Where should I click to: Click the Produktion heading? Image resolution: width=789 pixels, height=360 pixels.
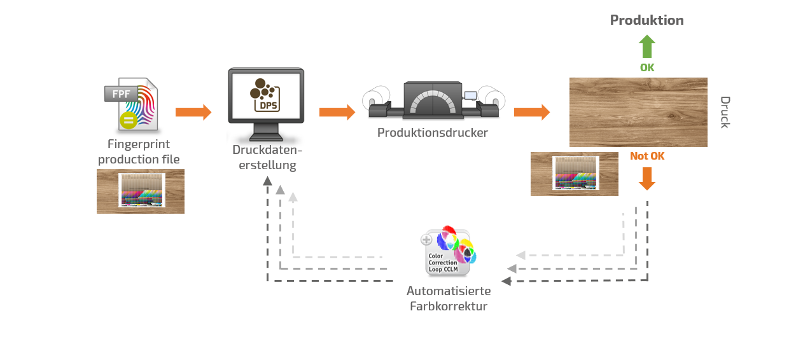click(x=646, y=20)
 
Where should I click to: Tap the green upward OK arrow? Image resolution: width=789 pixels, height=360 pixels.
click(x=646, y=46)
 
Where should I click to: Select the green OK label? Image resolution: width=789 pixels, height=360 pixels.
click(x=646, y=67)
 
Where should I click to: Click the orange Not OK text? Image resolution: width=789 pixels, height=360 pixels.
click(x=647, y=156)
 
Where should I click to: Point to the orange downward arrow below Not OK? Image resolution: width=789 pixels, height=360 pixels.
click(x=647, y=179)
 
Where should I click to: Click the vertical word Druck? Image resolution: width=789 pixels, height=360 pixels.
click(x=724, y=112)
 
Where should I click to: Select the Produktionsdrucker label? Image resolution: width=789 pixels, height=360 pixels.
click(x=433, y=133)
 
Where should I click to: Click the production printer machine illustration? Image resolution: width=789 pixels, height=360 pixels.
click(x=433, y=100)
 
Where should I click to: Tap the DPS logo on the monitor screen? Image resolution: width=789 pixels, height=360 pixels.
click(x=266, y=95)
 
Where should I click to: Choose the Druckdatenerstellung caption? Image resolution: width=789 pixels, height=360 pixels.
click(x=267, y=158)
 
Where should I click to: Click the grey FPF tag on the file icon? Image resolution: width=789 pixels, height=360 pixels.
click(x=122, y=94)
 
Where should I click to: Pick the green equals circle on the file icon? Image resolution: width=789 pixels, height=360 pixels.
click(x=128, y=120)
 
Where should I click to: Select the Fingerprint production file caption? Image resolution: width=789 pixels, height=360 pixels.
click(x=139, y=152)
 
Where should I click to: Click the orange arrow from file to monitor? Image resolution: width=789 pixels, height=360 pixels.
click(x=193, y=113)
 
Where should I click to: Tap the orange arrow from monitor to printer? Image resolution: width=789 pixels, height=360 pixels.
click(x=337, y=113)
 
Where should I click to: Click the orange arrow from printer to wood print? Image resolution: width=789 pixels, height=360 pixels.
click(x=531, y=113)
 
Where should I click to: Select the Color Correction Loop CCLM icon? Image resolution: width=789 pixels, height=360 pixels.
click(x=448, y=251)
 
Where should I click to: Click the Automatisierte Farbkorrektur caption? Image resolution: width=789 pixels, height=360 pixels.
click(x=449, y=299)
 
